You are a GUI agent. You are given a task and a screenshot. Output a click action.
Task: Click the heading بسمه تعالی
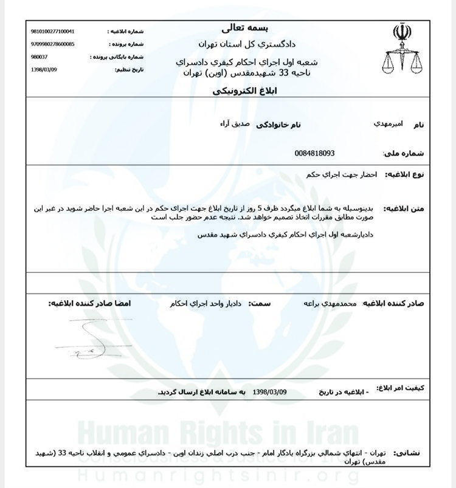[x=246, y=28]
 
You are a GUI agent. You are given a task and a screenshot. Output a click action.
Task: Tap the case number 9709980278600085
[x=52, y=44]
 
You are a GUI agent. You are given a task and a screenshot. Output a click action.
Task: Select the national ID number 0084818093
[x=314, y=153]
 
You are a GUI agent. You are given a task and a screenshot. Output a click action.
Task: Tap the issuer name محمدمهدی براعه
[x=329, y=303]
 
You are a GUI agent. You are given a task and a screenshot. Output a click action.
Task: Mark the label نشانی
[x=407, y=453]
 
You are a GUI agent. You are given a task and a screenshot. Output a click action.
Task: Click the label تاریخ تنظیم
[x=130, y=70]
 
